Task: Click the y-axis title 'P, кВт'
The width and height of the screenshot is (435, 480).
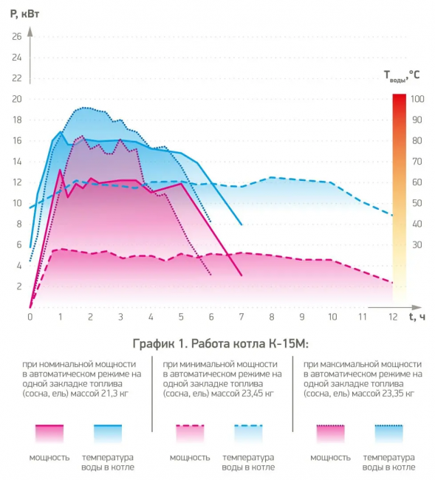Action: (25, 14)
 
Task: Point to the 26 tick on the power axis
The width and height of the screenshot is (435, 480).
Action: (17, 37)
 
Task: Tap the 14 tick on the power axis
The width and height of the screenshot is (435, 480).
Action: (17, 162)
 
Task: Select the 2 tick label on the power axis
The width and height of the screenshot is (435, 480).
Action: (19, 287)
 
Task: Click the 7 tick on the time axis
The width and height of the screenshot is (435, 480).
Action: (242, 317)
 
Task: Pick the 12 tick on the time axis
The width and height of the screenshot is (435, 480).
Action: (393, 317)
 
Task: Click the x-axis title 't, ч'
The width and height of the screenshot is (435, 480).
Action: (417, 317)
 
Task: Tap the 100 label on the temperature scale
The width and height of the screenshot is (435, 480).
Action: (417, 99)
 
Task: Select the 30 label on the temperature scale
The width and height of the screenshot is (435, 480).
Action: (417, 244)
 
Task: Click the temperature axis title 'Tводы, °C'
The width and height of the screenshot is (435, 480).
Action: (402, 75)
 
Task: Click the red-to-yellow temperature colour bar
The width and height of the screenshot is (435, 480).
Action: (400, 197)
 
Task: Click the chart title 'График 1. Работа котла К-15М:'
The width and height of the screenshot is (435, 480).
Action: (220, 344)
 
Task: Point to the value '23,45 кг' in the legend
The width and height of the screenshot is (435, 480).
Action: (257, 394)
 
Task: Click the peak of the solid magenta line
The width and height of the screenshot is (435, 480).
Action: (60, 169)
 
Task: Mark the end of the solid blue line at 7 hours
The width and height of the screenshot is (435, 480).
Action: (242, 224)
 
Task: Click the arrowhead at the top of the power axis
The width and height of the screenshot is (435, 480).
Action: (30, 30)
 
